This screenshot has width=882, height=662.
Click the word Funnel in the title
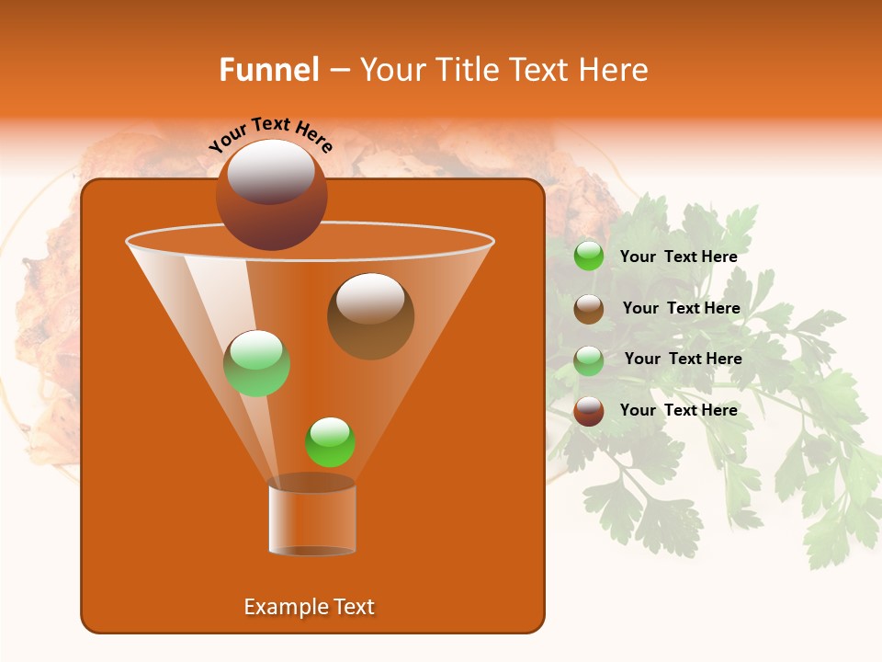(x=269, y=70)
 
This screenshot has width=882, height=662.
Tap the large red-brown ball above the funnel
(x=271, y=194)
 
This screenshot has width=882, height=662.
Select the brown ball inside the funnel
(x=370, y=315)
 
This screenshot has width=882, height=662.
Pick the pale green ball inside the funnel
(x=257, y=363)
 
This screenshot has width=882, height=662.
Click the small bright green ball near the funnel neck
(x=330, y=441)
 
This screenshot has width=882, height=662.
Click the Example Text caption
(x=310, y=607)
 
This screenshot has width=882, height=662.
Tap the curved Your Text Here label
(x=270, y=133)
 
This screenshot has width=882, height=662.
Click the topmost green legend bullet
(x=589, y=256)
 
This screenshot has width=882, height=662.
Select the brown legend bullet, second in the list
(x=589, y=309)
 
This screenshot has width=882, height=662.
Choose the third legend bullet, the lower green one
(x=589, y=360)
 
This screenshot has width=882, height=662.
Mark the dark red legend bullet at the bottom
(x=589, y=411)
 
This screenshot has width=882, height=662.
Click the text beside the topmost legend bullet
(x=678, y=257)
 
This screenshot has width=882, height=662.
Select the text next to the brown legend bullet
(x=681, y=308)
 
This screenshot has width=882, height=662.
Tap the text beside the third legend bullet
(x=683, y=359)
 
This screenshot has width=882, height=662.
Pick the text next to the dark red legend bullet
(x=678, y=410)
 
